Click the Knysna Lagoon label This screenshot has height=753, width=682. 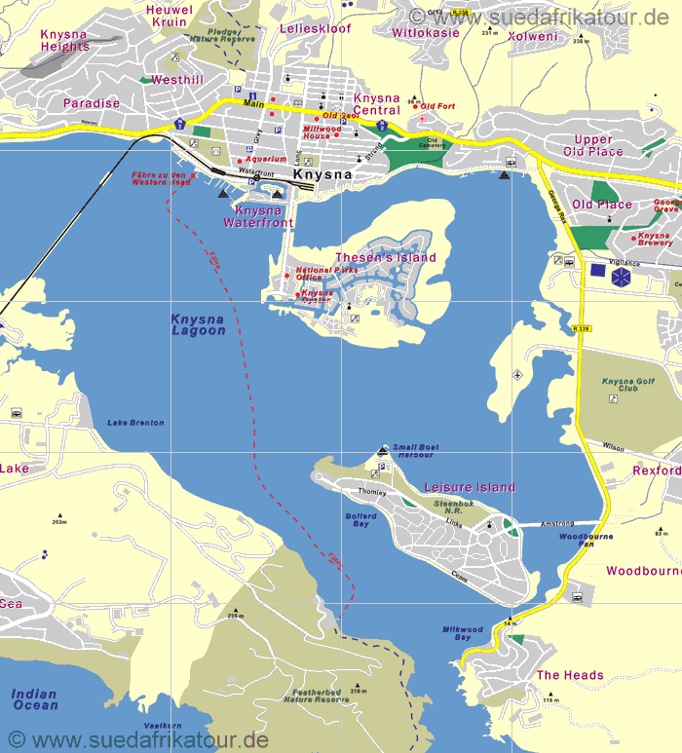[x=198, y=324]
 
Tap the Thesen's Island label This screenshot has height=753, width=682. [x=386, y=257]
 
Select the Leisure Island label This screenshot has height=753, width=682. [x=470, y=487]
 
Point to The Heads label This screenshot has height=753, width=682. [x=570, y=675]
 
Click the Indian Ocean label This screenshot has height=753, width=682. [x=34, y=699]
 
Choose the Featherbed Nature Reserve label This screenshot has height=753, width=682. [x=316, y=696]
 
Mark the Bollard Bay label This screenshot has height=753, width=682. [x=360, y=520]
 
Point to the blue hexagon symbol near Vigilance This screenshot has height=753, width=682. [x=621, y=278]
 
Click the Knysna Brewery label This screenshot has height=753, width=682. [x=655, y=239]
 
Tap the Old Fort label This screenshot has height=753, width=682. [x=438, y=106]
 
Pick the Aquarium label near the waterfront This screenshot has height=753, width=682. [x=266, y=159]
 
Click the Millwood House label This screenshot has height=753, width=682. [x=322, y=132]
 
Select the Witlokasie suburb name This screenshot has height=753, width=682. [x=425, y=32]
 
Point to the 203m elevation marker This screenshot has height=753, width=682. [x=59, y=521]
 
